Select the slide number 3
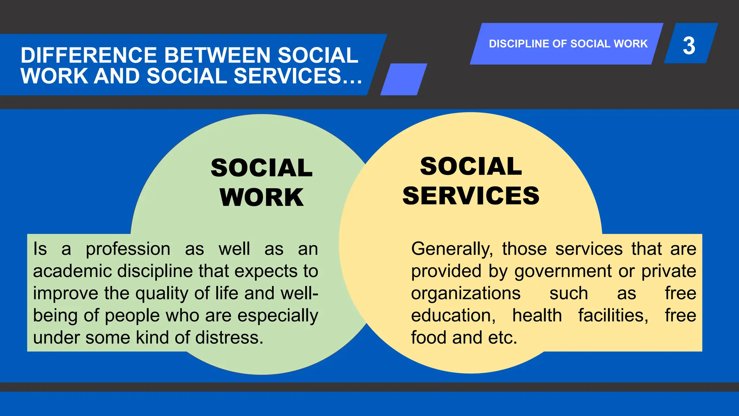pyautogui.click(x=689, y=45)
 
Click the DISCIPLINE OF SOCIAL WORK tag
pyautogui.click(x=568, y=44)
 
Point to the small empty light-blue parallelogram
pyautogui.click(x=404, y=79)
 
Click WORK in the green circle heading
pyautogui.click(x=262, y=198)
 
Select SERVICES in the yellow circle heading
pyautogui.click(x=471, y=196)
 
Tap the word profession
pyautogui.click(x=128, y=249)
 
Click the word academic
pyautogui.click(x=73, y=271)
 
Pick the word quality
pyautogui.click(x=162, y=294)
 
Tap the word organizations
pyautogui.click(x=465, y=294)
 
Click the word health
pyautogui.click(x=537, y=316)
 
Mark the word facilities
pyautogui.click(x=613, y=316)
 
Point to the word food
pyautogui.click(x=429, y=338)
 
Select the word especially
pyautogui.click(x=278, y=316)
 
